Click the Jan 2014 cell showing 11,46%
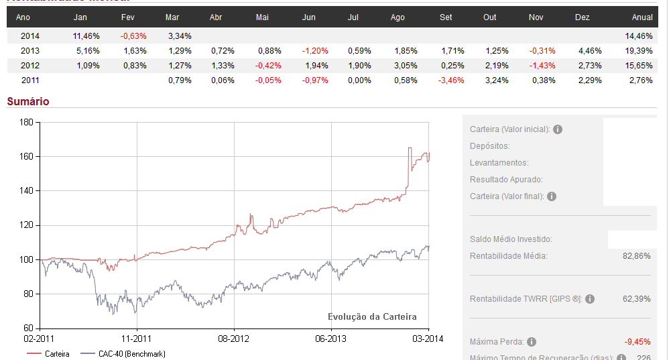click(85, 36)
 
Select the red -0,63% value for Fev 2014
click(133, 36)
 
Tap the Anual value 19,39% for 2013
click(640, 50)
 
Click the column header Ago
click(398, 17)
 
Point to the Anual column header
click(642, 17)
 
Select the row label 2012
click(30, 65)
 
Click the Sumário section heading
click(28, 101)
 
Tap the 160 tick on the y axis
click(27, 157)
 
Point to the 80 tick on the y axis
click(29, 294)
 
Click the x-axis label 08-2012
click(234, 339)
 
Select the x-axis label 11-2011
click(137, 339)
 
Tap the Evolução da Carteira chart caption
click(372, 316)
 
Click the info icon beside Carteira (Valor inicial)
click(558, 129)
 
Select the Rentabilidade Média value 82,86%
click(636, 255)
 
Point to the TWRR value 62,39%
click(636, 299)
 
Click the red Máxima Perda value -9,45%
click(637, 342)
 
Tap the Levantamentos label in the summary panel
click(499, 163)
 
